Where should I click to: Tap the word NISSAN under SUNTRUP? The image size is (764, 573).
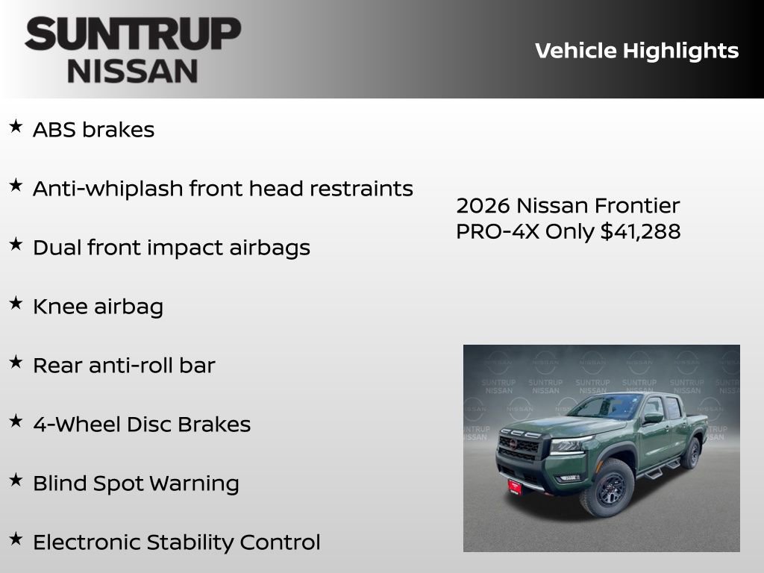(x=133, y=71)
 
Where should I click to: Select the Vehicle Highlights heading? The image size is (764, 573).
(x=636, y=51)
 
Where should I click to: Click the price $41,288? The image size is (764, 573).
(x=641, y=231)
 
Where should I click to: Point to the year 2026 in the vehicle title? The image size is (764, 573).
(x=483, y=205)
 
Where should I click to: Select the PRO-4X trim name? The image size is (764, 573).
(x=498, y=231)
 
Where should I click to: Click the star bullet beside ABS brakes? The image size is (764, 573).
(x=16, y=127)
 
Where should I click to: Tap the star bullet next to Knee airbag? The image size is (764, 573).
(x=16, y=304)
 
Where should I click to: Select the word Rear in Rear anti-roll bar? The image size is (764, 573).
(x=57, y=365)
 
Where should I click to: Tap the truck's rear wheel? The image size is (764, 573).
(x=692, y=453)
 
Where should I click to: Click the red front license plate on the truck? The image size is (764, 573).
(x=515, y=486)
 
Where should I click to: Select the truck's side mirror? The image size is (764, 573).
(x=653, y=418)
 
